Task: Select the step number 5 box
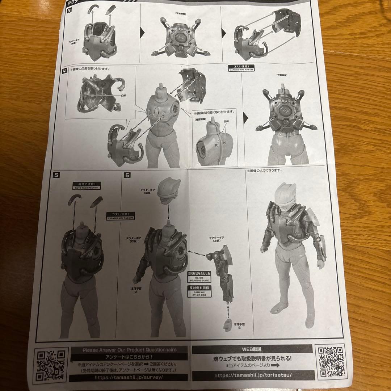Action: point(55,175)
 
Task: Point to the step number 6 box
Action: point(127,175)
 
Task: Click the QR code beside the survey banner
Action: point(51,364)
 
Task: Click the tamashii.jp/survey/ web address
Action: point(129,377)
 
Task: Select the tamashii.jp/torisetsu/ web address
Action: point(252,375)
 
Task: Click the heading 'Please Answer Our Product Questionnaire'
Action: point(129,350)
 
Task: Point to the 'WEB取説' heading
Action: point(252,349)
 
